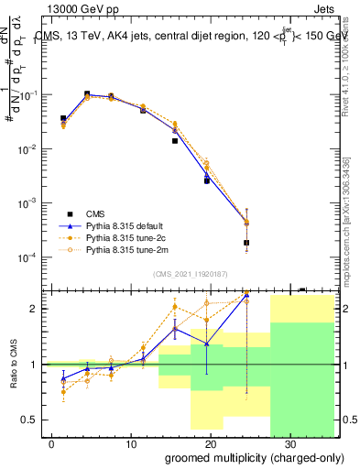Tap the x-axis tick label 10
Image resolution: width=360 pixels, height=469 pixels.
(131, 442)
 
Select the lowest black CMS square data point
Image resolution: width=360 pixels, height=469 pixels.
(246, 243)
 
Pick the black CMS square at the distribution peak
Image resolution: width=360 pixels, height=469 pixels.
(87, 94)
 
